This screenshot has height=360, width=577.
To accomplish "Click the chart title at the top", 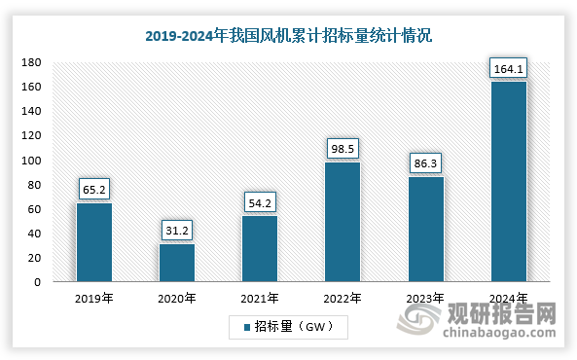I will (x=288, y=36).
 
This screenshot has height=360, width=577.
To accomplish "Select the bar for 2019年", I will (x=94, y=242).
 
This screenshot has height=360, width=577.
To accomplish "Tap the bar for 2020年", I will (x=177, y=263).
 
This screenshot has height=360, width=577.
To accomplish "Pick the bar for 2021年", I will (x=260, y=249).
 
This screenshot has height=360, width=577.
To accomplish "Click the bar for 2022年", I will (x=343, y=222).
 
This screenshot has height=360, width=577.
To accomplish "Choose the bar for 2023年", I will (x=425, y=230).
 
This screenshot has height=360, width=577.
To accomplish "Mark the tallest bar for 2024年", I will (x=508, y=182).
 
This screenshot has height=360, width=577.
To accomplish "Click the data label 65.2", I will (x=94, y=189).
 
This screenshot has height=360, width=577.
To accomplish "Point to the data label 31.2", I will (x=177, y=231).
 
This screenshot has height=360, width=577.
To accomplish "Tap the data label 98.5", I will (x=343, y=148).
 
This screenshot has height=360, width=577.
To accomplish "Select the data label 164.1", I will (x=508, y=67).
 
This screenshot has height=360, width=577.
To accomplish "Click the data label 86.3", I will (x=425, y=163).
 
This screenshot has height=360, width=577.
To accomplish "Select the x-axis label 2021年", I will (x=260, y=299).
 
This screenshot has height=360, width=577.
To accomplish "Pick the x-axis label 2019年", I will (x=94, y=299).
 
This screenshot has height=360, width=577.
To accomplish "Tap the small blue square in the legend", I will (x=246, y=328).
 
